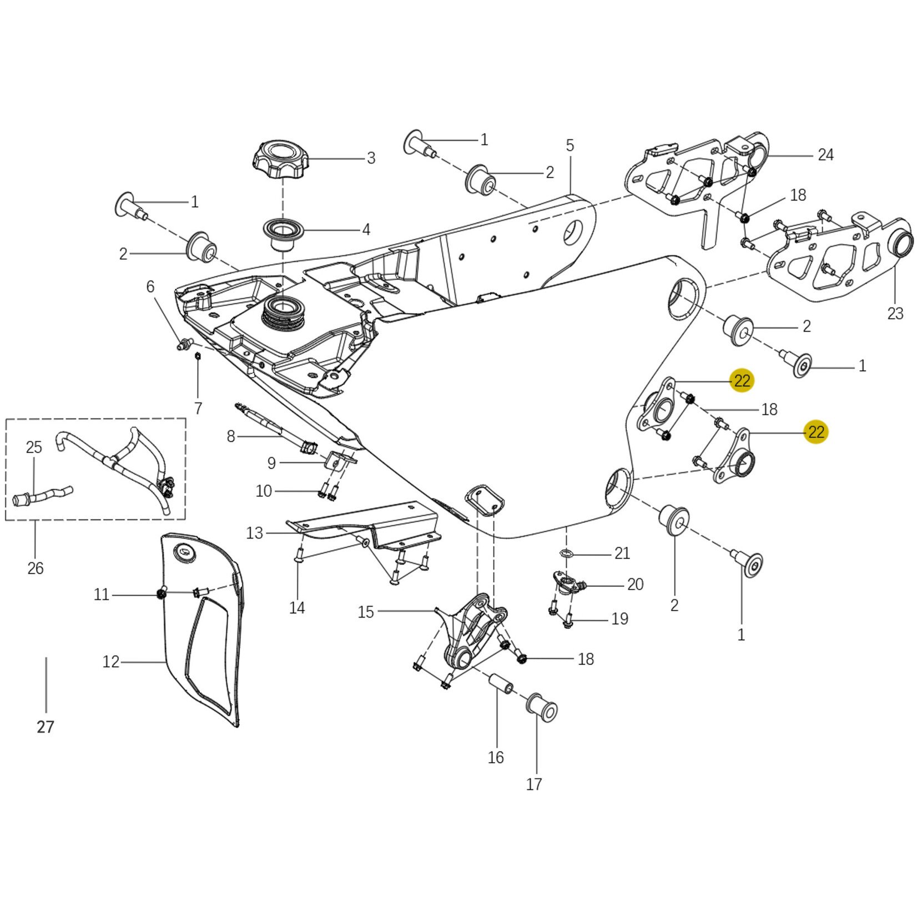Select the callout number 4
(x=366, y=229)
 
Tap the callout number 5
(x=570, y=146)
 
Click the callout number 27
(x=46, y=727)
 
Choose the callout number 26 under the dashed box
(x=35, y=568)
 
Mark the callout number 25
(x=34, y=447)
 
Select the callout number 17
(x=534, y=784)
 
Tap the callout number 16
(x=496, y=757)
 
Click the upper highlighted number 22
(x=742, y=381)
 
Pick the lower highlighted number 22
(x=816, y=432)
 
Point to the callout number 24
(x=825, y=155)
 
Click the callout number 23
(x=895, y=314)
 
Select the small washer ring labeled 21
(x=566, y=553)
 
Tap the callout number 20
(x=635, y=584)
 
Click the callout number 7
(x=198, y=408)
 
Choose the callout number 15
(x=366, y=612)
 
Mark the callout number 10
(x=264, y=491)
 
